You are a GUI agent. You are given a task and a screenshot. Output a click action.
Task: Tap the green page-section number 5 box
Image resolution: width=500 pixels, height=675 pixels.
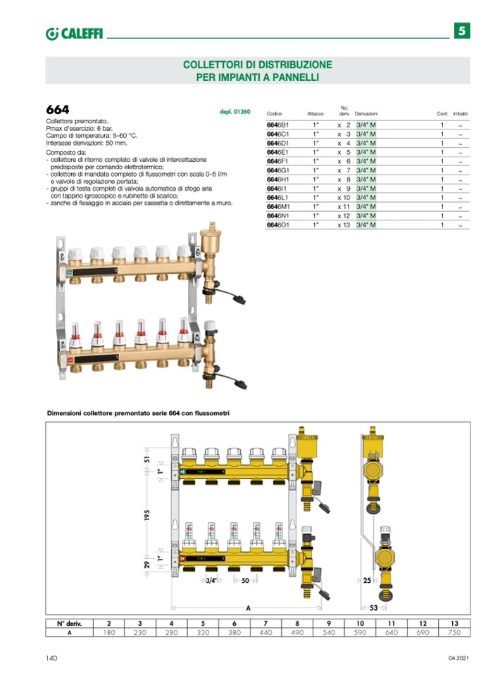coord(461,31)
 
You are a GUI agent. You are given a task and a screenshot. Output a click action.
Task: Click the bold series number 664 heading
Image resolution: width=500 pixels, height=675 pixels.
coord(58,111)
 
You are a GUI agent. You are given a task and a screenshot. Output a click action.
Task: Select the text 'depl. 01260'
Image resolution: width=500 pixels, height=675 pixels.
coord(235,111)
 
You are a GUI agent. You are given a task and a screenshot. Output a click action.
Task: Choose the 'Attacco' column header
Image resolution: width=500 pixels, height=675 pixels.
coord(315,113)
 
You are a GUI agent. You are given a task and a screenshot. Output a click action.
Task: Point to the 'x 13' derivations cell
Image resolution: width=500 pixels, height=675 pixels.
coord(344,225)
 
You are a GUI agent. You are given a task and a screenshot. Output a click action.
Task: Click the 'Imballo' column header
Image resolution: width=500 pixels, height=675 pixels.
coord(461,113)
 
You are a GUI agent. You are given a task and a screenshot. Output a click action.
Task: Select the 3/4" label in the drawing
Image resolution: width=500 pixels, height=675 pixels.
coord(211,580)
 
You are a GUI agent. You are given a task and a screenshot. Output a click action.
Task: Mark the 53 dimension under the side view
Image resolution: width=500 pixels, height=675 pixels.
coord(375,607)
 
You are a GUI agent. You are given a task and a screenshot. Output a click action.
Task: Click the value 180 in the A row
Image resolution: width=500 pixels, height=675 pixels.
coord(108,633)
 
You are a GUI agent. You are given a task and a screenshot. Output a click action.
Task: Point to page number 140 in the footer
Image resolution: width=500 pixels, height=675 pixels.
coord(52,658)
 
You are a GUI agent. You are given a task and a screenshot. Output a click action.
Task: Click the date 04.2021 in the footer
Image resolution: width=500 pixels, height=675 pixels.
coord(458,658)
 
